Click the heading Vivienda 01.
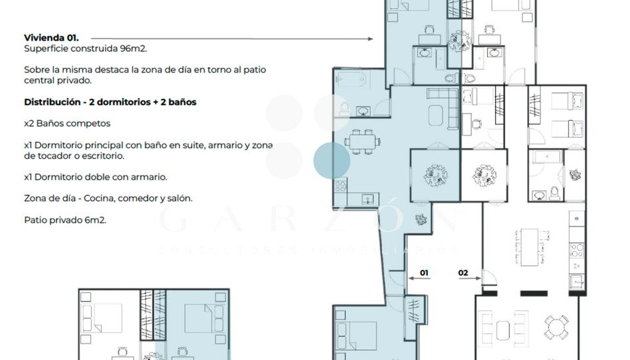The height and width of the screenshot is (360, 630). click(x=51, y=38)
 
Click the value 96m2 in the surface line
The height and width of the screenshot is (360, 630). click(x=134, y=48)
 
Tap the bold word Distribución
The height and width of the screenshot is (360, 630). click(x=52, y=102)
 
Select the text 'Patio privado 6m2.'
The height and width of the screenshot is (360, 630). click(x=65, y=220)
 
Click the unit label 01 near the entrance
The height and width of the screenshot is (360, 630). click(x=424, y=273)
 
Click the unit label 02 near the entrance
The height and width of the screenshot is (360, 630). click(x=463, y=273)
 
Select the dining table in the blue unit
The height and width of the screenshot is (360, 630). click(x=362, y=142)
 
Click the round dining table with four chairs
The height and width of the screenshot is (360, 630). click(x=556, y=327)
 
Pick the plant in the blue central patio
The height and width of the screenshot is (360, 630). click(x=435, y=175)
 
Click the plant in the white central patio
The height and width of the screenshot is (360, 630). click(x=484, y=175)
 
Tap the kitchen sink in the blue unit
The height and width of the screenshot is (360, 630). click(x=367, y=199)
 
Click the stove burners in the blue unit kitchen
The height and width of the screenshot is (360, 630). click(x=341, y=185)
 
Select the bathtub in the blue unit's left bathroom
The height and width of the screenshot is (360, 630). click(x=351, y=79)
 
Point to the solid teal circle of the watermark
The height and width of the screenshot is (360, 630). click(x=332, y=160)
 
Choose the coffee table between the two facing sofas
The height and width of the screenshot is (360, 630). click(x=503, y=330)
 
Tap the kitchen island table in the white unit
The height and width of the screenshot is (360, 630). click(x=529, y=247)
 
